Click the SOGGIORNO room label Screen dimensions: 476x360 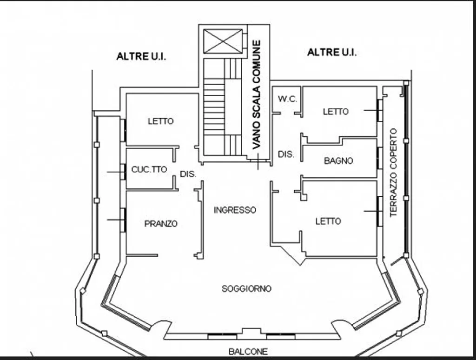[x=246, y=289]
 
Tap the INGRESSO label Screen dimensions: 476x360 [x=235, y=210]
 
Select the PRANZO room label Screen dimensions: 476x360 [x=161, y=224]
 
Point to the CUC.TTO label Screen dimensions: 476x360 [x=149, y=169]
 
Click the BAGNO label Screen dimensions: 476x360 [x=338, y=161]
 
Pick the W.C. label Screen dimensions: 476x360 [x=287, y=99]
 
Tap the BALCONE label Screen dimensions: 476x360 [x=248, y=352]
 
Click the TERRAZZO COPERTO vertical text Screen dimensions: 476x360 [x=393, y=173]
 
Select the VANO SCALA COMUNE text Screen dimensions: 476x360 [x=257, y=94]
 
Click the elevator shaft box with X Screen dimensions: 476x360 [x=223, y=41]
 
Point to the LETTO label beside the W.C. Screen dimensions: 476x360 [x=336, y=112]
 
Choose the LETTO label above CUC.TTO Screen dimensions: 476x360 [x=160, y=121]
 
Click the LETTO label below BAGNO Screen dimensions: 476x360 [x=328, y=221]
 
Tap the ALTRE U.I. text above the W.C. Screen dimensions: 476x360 [x=332, y=52]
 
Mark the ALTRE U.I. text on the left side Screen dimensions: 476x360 [x=141, y=56]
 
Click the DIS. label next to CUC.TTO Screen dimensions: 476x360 [x=188, y=174]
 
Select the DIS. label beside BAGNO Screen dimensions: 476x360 [x=286, y=154]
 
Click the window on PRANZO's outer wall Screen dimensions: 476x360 [x=123, y=220]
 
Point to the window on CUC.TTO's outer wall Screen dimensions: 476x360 [x=123, y=172]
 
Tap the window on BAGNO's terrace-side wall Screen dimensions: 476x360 [x=379, y=158]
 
